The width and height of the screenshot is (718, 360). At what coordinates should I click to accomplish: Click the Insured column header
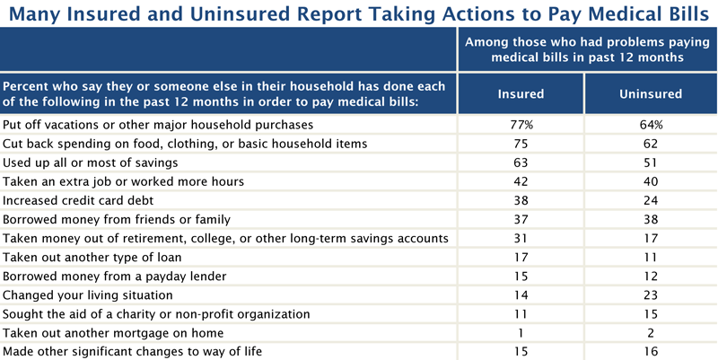521,93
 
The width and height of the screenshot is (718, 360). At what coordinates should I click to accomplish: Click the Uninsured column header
651,93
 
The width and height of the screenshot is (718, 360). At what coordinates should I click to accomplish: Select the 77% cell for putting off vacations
521,125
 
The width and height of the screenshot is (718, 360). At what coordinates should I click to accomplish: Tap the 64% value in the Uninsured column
651,125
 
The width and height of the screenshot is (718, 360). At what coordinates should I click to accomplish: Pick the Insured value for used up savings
521,162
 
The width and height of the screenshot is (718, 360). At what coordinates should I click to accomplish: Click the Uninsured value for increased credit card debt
651,200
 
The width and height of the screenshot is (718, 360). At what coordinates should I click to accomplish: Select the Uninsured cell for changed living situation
651,294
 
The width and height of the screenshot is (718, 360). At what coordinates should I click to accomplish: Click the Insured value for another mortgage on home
521,332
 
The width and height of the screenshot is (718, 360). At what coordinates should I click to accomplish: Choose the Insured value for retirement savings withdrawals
521,238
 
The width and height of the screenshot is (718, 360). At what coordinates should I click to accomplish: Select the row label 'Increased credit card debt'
77,200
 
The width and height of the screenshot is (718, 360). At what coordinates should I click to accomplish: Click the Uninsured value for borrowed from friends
651,219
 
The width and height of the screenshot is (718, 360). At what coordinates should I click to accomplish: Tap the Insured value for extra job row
521,181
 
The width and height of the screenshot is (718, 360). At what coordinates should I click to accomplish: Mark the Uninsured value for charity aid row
651,313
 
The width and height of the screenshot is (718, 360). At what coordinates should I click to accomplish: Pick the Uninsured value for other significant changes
651,351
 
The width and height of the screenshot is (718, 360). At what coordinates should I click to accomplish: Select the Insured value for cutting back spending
521,144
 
